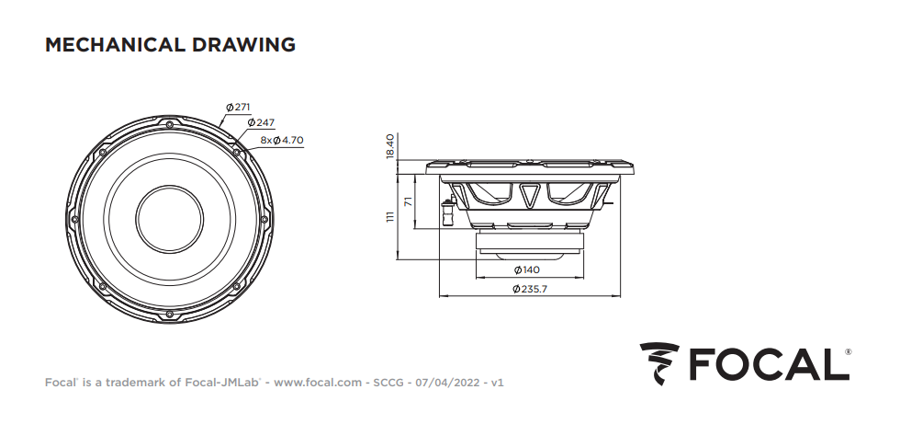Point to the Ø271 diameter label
pyautogui.click(x=238, y=107)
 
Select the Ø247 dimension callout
pyautogui.click(x=261, y=122)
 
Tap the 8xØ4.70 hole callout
pyautogui.click(x=282, y=140)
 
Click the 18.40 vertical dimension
pyautogui.click(x=390, y=146)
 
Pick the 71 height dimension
pyautogui.click(x=409, y=201)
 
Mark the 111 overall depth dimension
pyautogui.click(x=390, y=216)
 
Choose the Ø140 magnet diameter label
pyautogui.click(x=527, y=270)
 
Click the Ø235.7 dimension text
pyautogui.click(x=530, y=289)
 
